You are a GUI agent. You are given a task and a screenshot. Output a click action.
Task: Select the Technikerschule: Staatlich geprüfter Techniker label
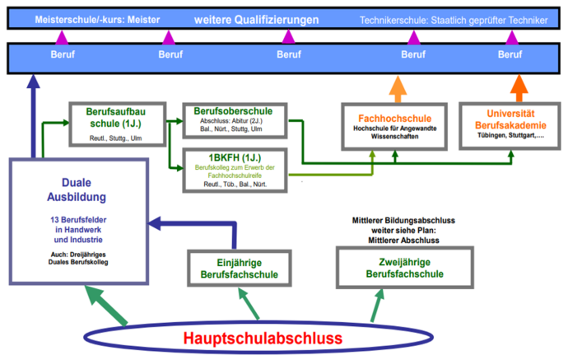click(453, 19)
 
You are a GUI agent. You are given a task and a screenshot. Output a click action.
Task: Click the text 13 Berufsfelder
click(78, 220)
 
